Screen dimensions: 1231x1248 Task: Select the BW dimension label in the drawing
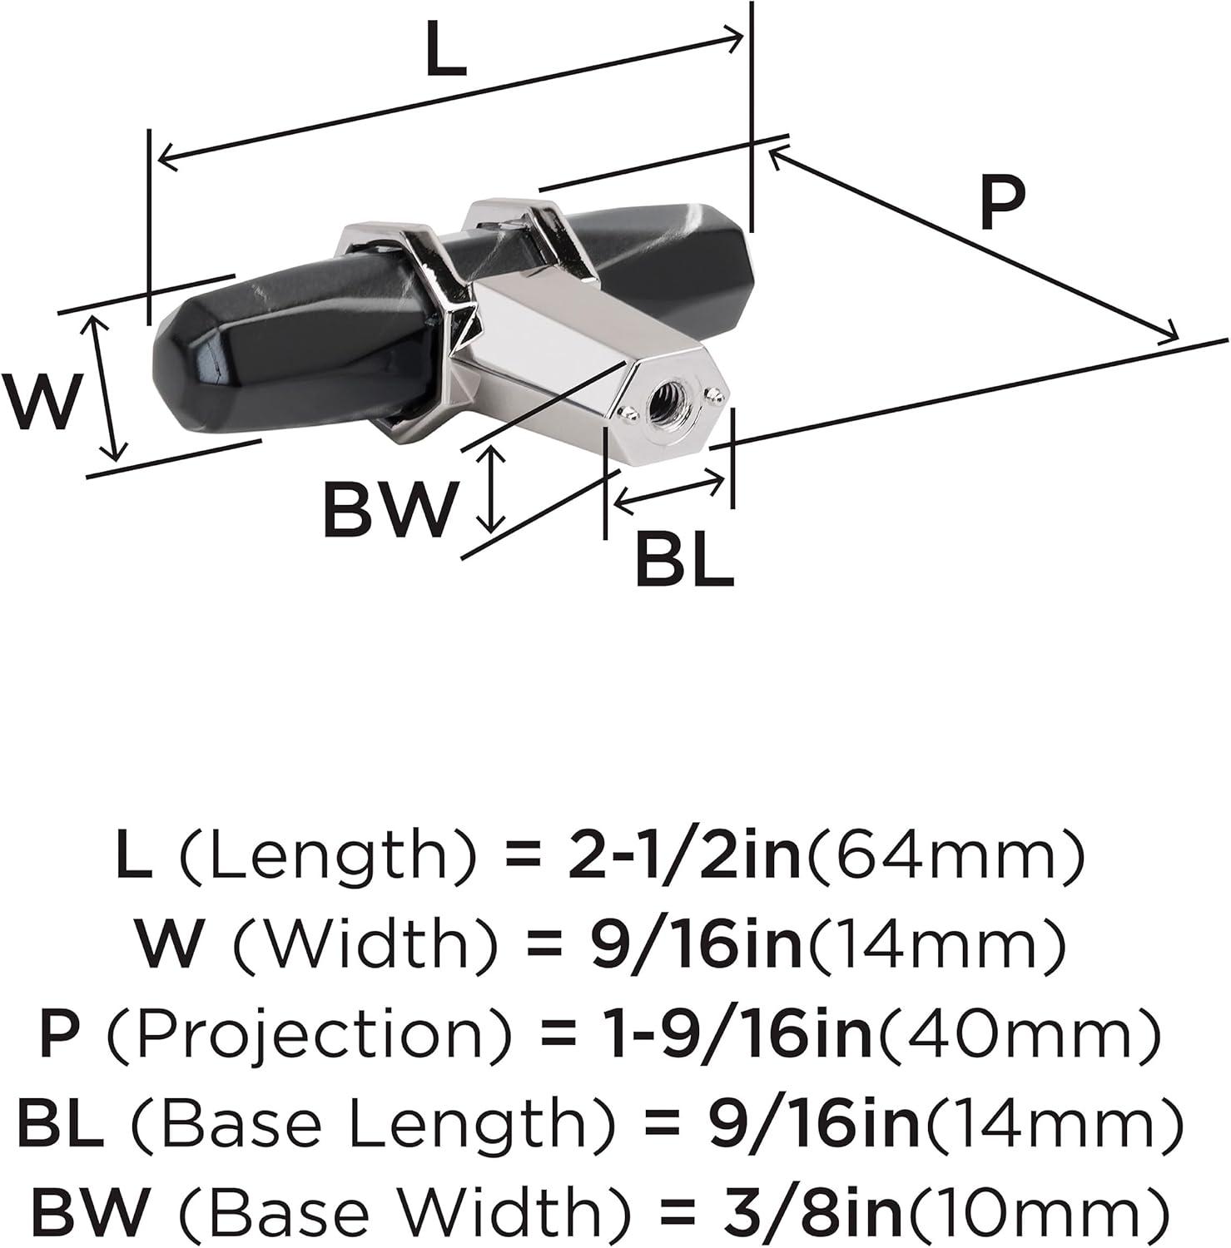390,508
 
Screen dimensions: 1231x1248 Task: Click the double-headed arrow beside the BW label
493,489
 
